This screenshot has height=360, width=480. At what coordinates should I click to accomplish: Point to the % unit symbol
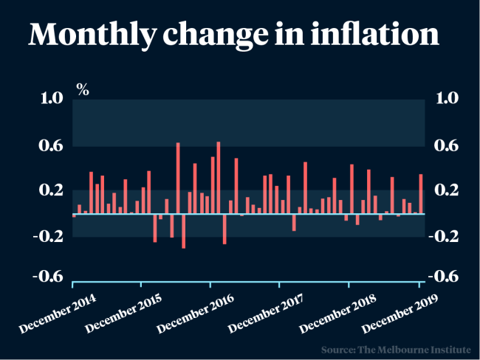click(x=83, y=90)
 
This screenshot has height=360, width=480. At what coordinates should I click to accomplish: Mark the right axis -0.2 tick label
click(x=448, y=236)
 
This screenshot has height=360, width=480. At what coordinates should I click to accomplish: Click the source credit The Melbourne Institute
click(x=400, y=348)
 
